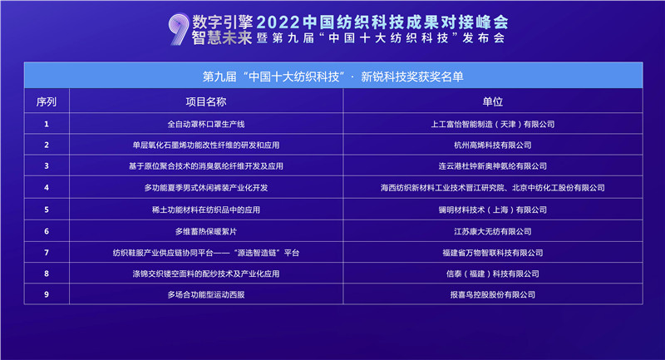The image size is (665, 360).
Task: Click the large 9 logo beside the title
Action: [179, 29]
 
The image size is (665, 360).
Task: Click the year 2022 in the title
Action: [278, 22]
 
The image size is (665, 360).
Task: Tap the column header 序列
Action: [47, 101]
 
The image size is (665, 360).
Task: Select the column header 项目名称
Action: [206, 101]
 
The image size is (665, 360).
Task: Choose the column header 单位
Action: [492, 101]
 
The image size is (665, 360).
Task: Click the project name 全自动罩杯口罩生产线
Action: [206, 124]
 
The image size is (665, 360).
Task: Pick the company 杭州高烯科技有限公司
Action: [492, 145]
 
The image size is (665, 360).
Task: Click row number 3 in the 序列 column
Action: [47, 165]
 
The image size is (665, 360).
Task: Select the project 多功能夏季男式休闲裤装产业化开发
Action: [206, 187]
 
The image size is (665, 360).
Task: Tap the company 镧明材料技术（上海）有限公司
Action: [492, 210]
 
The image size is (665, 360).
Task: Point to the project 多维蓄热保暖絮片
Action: [206, 231]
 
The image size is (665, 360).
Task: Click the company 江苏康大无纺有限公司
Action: [492, 231]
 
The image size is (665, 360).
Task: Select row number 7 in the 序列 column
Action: [47, 253]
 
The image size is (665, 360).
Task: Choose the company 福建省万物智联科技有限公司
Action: [492, 253]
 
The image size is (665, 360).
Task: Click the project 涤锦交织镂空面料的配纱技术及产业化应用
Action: [206, 274]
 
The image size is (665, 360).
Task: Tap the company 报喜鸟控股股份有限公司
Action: [492, 294]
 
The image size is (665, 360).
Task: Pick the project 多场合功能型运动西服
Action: [206, 294]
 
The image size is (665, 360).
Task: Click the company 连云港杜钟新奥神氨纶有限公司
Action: [492, 165]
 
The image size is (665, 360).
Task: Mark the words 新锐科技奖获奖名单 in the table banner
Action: [411, 76]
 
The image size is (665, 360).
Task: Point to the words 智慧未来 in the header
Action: [222, 37]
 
